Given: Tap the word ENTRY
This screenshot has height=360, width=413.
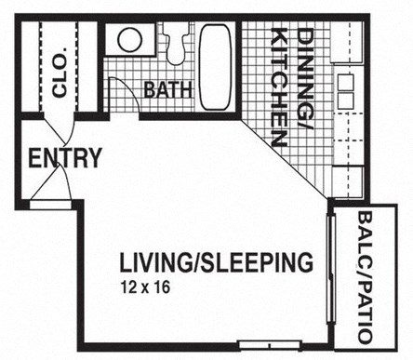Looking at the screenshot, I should pos(63,158).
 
